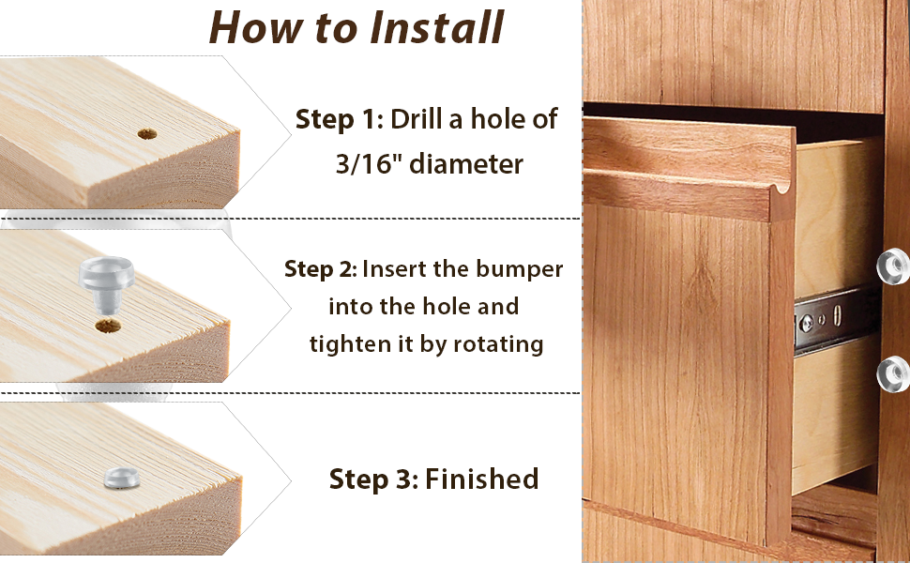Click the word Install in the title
[x=436, y=27]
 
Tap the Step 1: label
[x=339, y=119]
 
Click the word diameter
[x=466, y=163]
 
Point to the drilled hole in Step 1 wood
[x=147, y=134]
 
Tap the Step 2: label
[x=320, y=269]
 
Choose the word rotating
[x=498, y=344]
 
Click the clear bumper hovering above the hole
[x=106, y=281]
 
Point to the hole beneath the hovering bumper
[x=108, y=325]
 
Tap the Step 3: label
[x=373, y=479]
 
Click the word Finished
[x=481, y=479]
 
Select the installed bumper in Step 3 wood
[x=122, y=478]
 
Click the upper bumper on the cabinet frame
[x=893, y=266]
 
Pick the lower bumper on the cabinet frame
[x=893, y=374]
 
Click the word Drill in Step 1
[x=416, y=119]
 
